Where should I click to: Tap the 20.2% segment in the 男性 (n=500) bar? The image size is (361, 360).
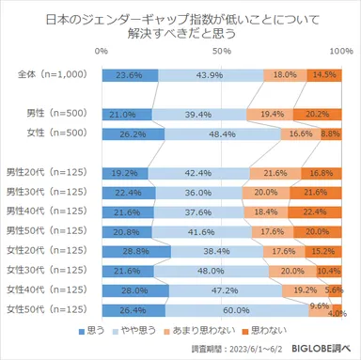317,114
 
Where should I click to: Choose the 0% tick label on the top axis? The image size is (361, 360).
102,51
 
